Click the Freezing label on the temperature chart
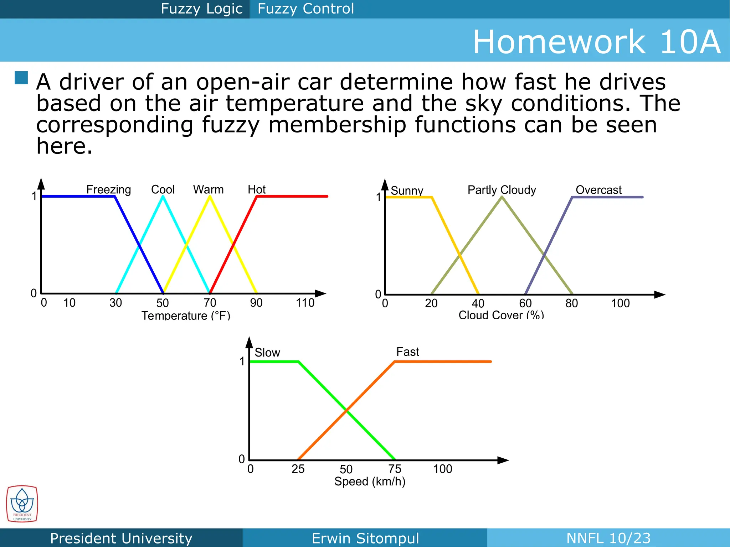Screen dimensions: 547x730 click(108, 189)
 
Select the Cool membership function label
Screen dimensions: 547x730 click(163, 189)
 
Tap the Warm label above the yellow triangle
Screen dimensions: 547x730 click(208, 189)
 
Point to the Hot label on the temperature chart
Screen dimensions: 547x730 click(257, 189)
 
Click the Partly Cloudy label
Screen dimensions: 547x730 click(502, 190)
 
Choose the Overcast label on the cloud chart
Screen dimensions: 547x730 click(598, 190)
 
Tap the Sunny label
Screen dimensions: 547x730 click(407, 191)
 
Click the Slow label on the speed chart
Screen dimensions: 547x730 click(267, 353)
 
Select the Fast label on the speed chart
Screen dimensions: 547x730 click(408, 352)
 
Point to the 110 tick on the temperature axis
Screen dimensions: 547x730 click(305, 303)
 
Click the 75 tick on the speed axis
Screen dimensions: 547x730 click(395, 469)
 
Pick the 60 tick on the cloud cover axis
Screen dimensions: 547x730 click(525, 303)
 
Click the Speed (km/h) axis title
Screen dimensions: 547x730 click(370, 481)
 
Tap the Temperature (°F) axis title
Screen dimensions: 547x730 click(186, 315)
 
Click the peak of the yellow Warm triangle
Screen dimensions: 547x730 click(210, 196)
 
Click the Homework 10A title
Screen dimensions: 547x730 click(596, 42)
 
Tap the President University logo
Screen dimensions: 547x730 click(22, 504)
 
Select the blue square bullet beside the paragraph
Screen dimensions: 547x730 click(21, 78)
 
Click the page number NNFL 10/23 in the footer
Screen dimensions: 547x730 click(608, 538)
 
